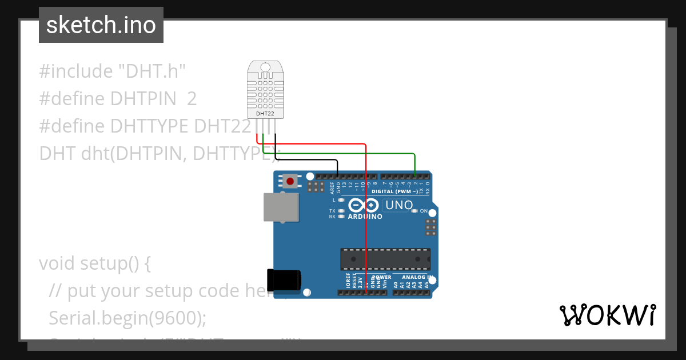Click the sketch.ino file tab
(101, 25)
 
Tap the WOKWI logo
(608, 315)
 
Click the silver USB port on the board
(281, 207)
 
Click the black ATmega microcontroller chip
(385, 259)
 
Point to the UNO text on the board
(399, 205)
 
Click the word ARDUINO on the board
(365, 217)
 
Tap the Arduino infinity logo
(364, 205)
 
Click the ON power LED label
(424, 211)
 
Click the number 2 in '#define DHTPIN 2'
(192, 99)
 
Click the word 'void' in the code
(58, 263)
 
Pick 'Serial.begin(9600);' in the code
(127, 318)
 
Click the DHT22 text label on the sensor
(265, 113)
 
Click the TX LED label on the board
(332, 211)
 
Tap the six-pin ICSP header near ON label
(431, 227)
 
